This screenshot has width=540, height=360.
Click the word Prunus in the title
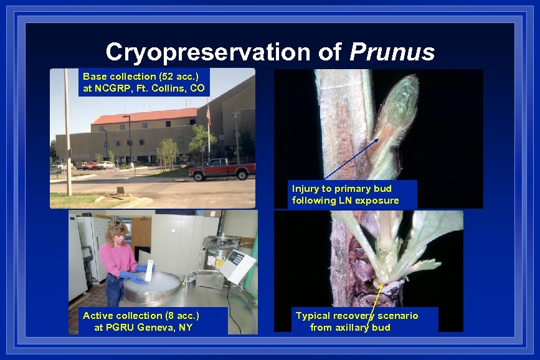point(392,52)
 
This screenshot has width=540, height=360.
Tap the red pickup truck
point(223,169)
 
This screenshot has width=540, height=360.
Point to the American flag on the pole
point(208,116)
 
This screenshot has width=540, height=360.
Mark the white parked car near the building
point(107,165)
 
